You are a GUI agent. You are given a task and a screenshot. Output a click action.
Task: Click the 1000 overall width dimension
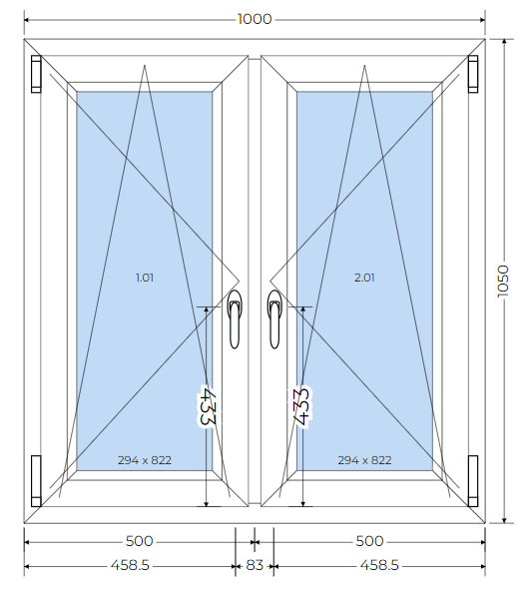click(255, 19)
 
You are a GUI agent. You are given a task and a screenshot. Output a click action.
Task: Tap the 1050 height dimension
click(503, 282)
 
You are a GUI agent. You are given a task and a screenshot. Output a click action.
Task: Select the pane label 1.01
click(145, 278)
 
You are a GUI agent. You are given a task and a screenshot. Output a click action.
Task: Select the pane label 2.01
click(364, 278)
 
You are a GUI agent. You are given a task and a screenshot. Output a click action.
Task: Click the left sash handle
click(235, 318)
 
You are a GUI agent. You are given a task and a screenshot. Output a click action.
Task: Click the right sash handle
click(274, 318)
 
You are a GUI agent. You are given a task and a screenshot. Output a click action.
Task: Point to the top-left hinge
click(36, 74)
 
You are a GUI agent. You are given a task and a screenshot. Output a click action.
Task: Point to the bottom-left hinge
click(36, 481)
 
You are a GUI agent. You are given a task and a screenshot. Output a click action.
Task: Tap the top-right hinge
click(473, 74)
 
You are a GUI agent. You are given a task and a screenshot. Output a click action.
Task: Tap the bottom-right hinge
click(473, 481)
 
